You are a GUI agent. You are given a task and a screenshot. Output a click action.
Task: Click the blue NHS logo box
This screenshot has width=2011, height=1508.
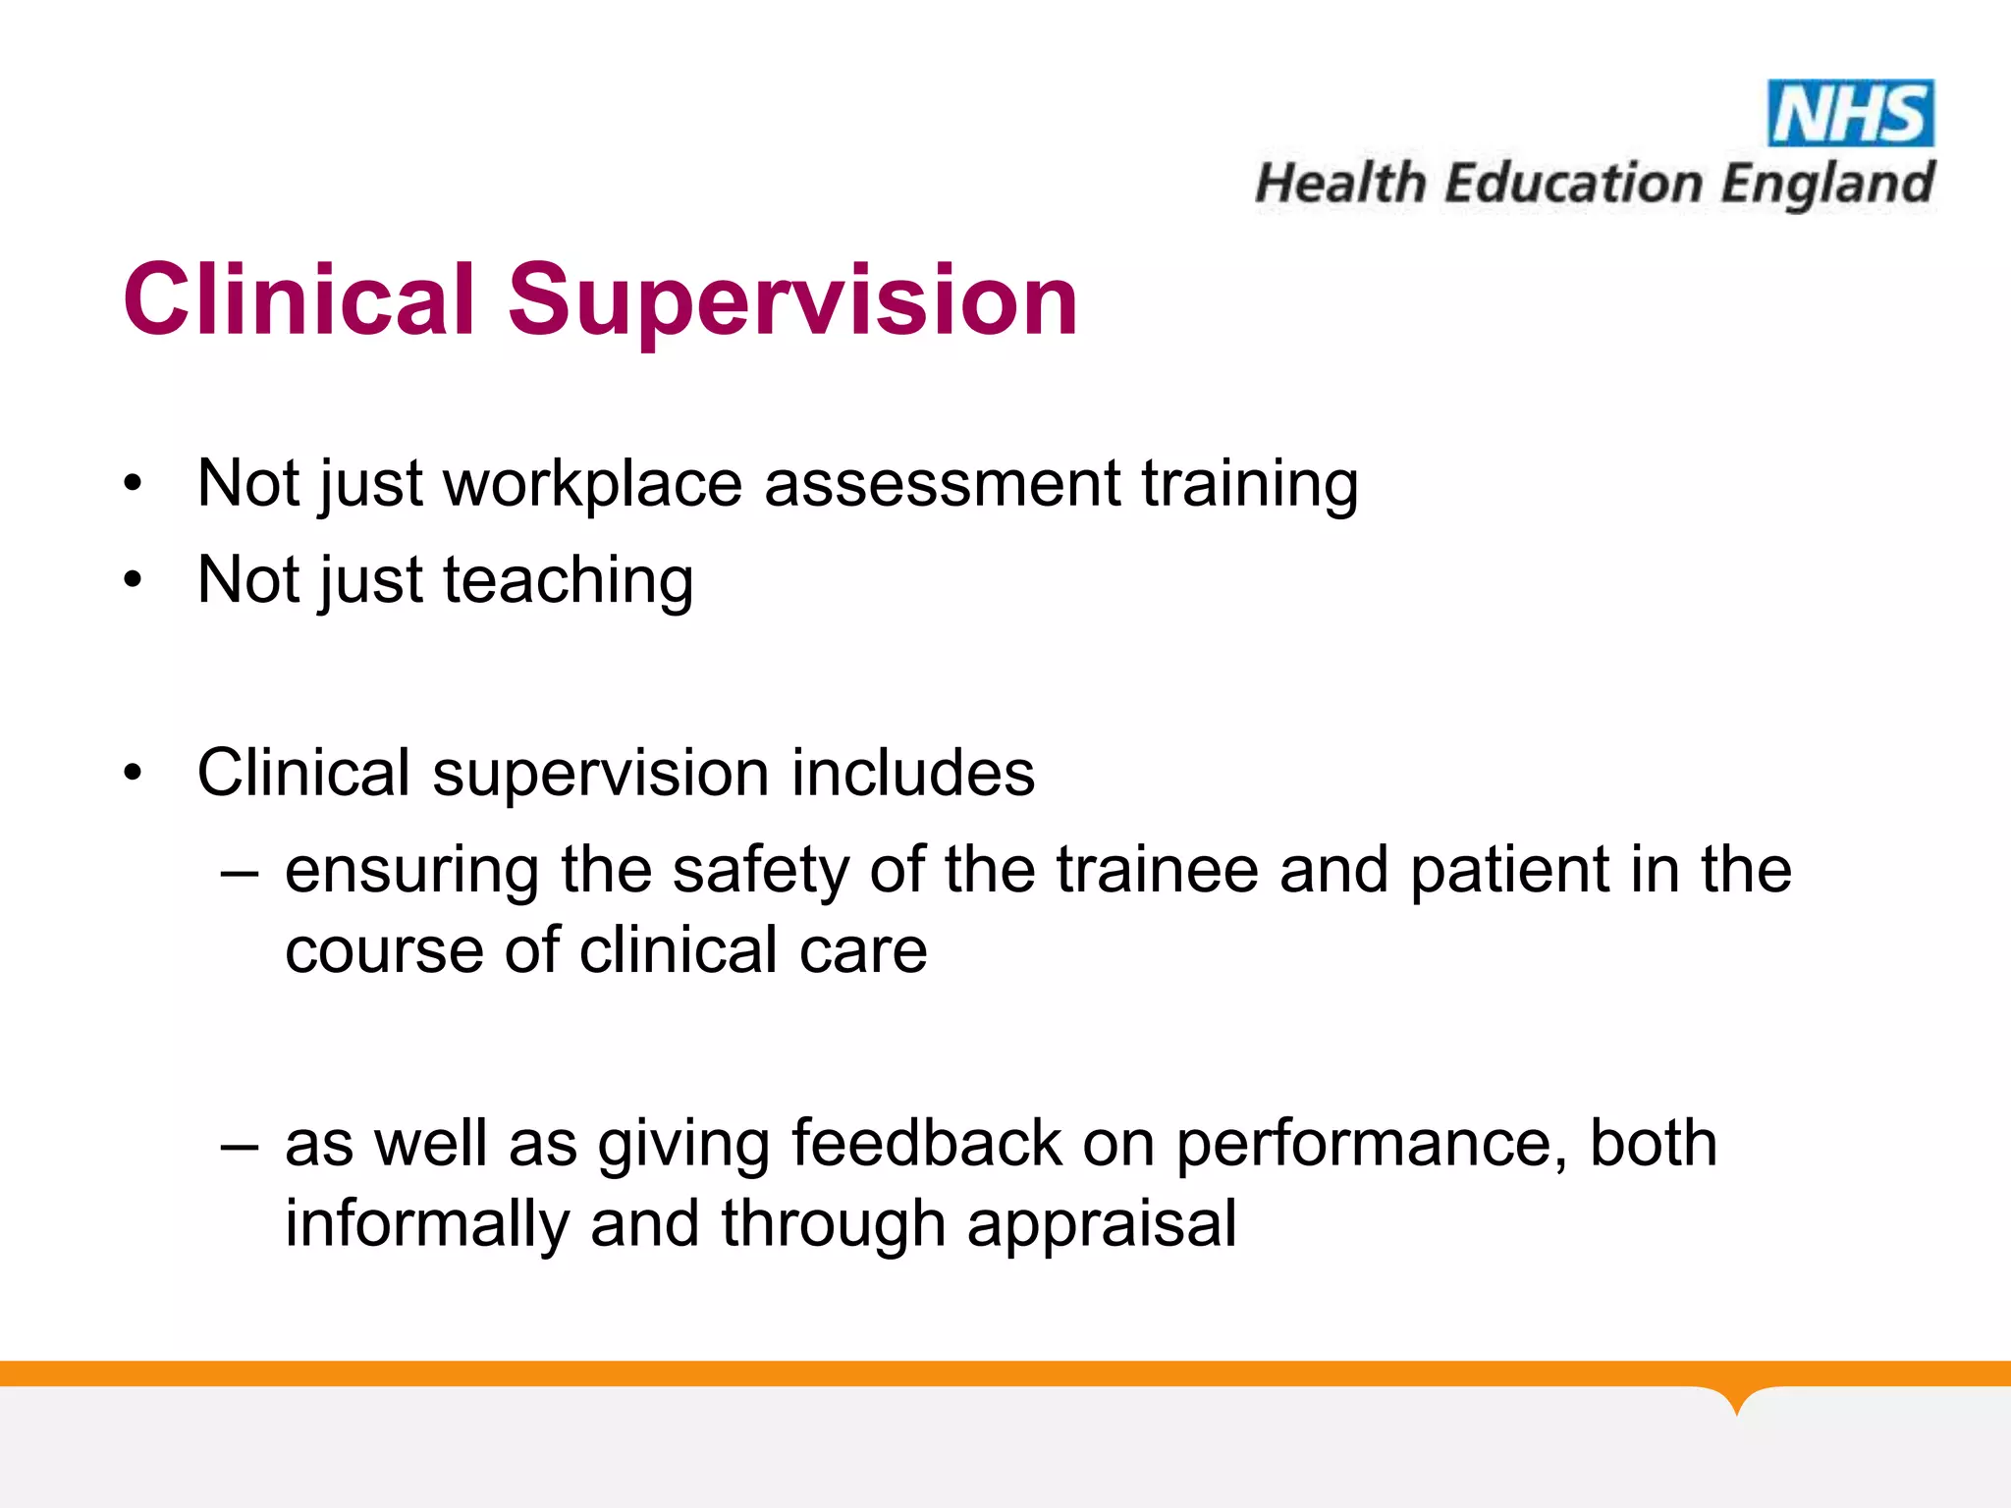click(1851, 113)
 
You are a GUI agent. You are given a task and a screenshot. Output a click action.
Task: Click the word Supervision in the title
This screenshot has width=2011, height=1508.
click(792, 299)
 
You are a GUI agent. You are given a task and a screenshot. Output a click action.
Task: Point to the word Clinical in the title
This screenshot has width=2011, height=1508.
click(299, 299)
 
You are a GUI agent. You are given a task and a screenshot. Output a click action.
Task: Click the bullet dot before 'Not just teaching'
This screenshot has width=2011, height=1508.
click(134, 579)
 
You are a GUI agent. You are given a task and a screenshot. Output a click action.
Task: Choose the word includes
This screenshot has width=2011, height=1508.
click(912, 773)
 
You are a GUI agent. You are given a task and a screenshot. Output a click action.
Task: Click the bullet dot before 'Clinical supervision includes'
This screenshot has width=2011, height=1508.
click(134, 773)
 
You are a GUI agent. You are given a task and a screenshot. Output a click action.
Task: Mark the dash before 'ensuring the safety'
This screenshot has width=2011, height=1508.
click(240, 871)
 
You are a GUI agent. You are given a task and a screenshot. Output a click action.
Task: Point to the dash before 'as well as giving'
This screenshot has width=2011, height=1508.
click(240, 1145)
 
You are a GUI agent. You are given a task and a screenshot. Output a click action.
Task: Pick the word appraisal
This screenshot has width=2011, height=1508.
click(1101, 1224)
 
